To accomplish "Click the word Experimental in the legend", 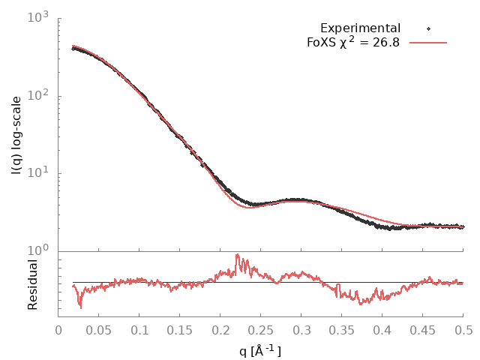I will click(360, 28).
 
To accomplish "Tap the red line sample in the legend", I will click(428, 43).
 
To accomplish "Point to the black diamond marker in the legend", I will click(428, 28).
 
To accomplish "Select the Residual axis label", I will click(32, 285).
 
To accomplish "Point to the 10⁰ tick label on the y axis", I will click(39, 251).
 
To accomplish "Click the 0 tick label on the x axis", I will click(58, 330).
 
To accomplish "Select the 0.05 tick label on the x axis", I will click(99, 330).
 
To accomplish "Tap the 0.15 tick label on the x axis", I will click(180, 330).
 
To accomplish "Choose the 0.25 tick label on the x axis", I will click(261, 330).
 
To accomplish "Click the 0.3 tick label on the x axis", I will click(301, 330).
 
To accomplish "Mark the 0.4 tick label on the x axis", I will click(382, 330).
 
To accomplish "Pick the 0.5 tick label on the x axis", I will click(463, 330).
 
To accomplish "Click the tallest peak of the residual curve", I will click(237, 255).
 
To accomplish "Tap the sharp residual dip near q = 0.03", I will click(80, 307).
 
